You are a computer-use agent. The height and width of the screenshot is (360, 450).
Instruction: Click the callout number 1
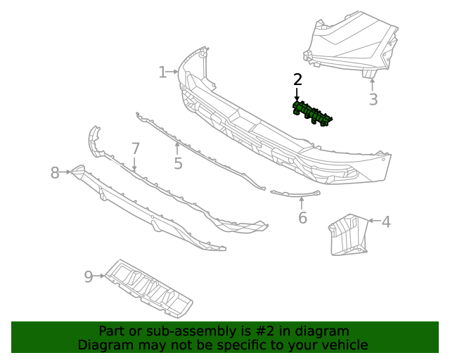(x=162, y=72)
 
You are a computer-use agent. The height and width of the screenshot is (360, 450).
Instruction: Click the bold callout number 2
(x=297, y=79)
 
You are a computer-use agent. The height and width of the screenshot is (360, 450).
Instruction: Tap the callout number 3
(x=373, y=100)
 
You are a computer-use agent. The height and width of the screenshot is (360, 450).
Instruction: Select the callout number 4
(x=386, y=222)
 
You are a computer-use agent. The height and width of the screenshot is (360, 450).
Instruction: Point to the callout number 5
(x=178, y=164)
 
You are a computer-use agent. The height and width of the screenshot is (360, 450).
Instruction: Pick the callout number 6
(x=302, y=218)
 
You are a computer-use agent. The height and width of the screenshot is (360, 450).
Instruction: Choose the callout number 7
(x=136, y=148)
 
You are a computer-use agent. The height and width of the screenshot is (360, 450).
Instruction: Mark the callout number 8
(x=56, y=172)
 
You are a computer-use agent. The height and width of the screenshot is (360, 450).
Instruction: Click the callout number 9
(x=89, y=276)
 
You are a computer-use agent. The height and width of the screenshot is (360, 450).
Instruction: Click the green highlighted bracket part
(x=311, y=114)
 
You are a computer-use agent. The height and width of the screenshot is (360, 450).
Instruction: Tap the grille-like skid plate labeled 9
(x=149, y=288)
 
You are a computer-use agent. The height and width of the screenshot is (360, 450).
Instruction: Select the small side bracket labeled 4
(x=347, y=235)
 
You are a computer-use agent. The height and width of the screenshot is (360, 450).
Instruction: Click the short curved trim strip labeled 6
(x=295, y=193)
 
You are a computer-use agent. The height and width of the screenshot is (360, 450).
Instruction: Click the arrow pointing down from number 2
(x=297, y=95)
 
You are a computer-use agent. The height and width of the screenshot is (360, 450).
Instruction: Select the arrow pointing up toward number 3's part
(x=373, y=84)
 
